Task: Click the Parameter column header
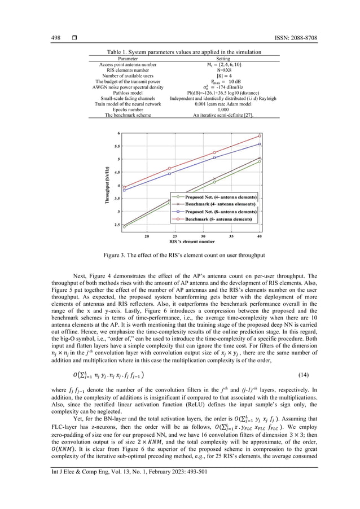(123, 58)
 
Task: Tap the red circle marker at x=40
(260, 135)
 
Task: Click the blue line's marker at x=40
(260, 144)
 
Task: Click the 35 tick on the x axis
(231, 236)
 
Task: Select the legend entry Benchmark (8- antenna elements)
(221, 216)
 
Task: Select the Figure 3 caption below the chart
(179, 255)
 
